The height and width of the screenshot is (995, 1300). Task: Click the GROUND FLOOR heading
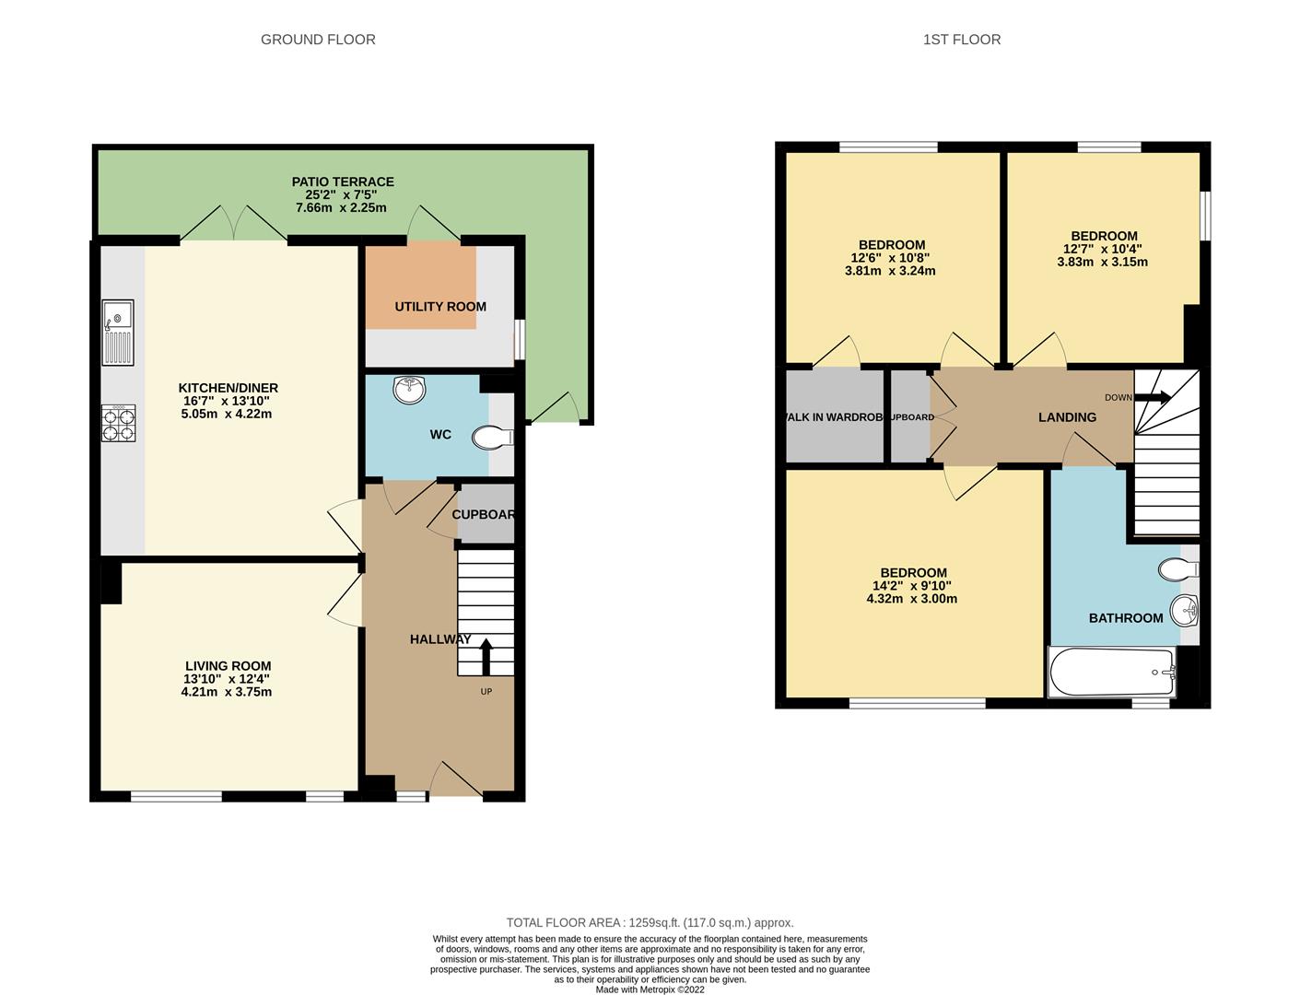318,40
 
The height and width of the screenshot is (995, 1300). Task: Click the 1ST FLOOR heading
961,40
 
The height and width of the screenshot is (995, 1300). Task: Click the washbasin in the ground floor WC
409,390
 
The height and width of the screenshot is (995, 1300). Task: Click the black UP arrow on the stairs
486,656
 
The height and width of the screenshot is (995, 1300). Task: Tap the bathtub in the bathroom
1112,672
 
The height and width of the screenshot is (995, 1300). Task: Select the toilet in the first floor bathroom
1178,569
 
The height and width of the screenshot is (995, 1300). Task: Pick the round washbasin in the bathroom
1184,609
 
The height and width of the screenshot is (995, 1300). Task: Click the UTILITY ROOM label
440,307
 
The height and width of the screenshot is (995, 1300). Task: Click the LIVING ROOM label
228,666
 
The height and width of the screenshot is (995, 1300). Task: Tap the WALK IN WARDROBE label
834,417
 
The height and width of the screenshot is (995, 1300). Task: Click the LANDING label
1067,417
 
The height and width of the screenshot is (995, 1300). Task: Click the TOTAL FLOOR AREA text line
650,922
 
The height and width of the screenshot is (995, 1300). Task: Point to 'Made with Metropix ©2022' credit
650,989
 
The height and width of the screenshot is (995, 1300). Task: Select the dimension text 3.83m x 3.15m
1102,262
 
